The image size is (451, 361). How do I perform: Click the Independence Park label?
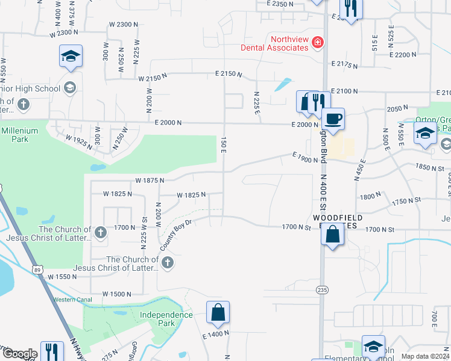166,318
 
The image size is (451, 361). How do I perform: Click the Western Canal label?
72,300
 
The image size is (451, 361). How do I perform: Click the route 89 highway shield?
37,265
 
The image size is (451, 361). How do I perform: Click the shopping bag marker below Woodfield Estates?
332,233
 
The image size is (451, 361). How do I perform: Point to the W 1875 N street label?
150,180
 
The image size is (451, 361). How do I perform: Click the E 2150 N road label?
227,75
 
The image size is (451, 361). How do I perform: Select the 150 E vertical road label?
223,143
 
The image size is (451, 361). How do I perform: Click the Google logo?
19,354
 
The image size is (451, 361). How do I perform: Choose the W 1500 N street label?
117,294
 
